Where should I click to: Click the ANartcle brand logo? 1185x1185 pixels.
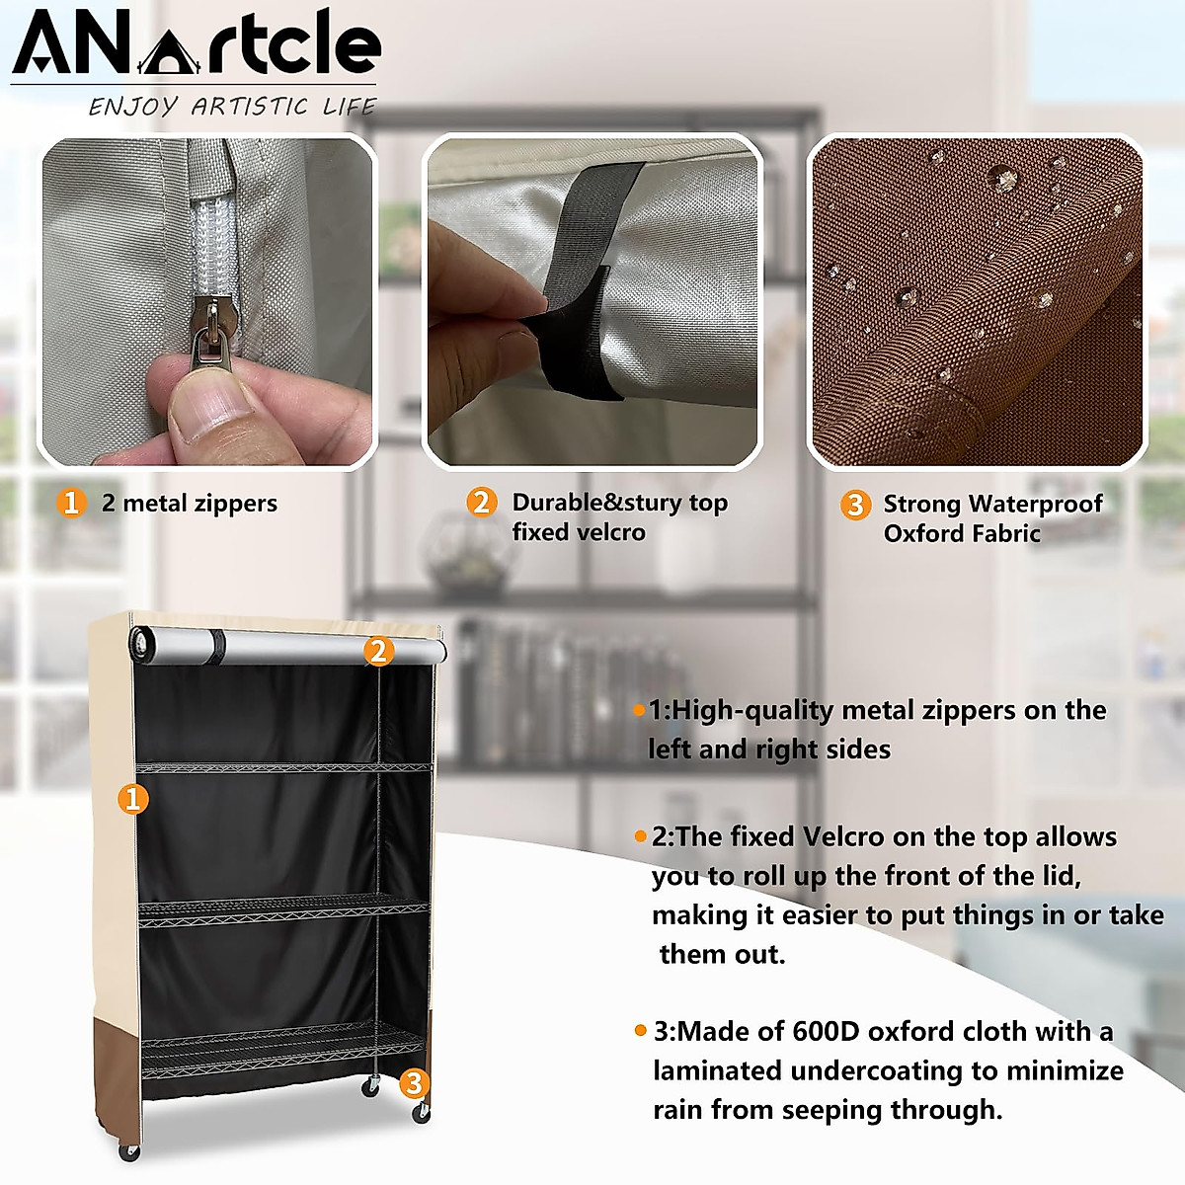pyautogui.click(x=196, y=44)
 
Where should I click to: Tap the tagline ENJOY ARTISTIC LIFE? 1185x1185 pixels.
pyautogui.click(x=233, y=106)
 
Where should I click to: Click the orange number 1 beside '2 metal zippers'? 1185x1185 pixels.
pyautogui.click(x=70, y=503)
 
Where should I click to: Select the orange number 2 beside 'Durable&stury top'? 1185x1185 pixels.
pyautogui.click(x=481, y=502)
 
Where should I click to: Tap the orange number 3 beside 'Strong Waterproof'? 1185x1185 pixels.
pyautogui.click(x=854, y=505)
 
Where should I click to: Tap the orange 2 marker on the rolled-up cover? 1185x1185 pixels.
pyautogui.click(x=378, y=651)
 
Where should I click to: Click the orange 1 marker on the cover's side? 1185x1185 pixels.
pyautogui.click(x=133, y=798)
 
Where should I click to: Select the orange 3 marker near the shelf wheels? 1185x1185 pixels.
pyautogui.click(x=414, y=1082)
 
